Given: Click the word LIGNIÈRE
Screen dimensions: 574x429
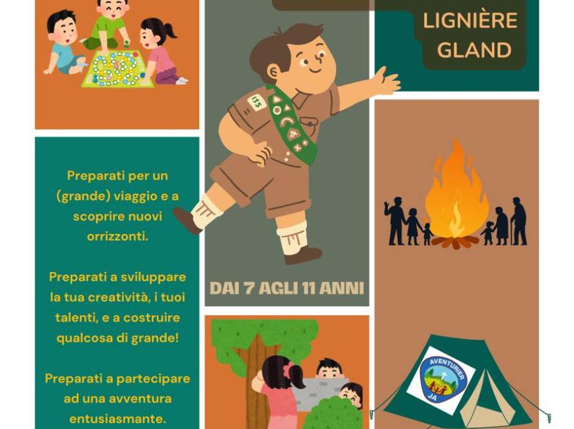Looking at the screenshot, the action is pos(470,21).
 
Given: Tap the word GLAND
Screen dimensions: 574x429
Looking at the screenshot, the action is pos(475,50).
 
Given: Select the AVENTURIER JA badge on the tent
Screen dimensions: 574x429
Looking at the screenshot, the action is pos(440,380).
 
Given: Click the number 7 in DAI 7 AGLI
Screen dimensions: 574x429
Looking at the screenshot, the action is pos(250,289).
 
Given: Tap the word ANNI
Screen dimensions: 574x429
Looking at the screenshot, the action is pos(342,289).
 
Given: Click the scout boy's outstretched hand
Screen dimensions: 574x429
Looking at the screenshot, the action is pos(386,81).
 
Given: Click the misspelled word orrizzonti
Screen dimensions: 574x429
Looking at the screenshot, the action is pos(117,236).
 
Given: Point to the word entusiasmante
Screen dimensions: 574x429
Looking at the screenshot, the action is pos(117,419).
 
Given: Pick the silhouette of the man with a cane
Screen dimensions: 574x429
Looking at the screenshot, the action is pos(519,221).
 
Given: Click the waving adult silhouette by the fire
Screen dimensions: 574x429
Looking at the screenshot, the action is pos(394,221).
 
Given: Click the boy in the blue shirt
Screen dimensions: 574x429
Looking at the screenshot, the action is pos(63,44).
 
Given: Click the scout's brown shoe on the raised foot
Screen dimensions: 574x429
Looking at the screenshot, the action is pos(186,220).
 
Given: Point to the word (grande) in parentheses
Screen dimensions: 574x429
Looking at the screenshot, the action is pos(83,196).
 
